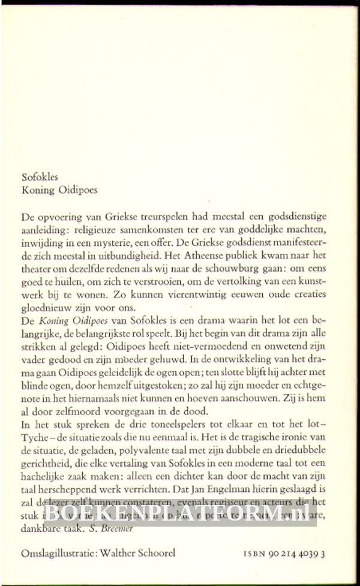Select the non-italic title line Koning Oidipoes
(x=59, y=191)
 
